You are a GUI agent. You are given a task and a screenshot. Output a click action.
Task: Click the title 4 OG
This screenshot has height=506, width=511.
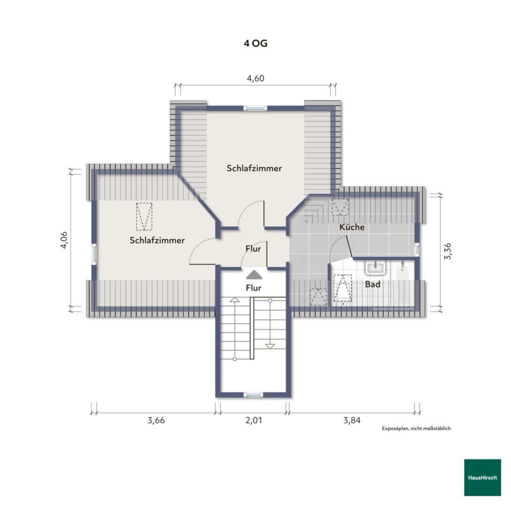point(256,44)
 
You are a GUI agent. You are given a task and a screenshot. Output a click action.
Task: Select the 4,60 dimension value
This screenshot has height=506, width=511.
point(256,78)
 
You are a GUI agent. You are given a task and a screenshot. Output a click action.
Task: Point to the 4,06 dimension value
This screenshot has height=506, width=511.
point(64,240)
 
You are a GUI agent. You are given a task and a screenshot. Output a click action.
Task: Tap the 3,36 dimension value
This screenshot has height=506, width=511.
point(448,251)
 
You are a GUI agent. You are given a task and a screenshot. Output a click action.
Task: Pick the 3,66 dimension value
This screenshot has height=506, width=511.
point(156,420)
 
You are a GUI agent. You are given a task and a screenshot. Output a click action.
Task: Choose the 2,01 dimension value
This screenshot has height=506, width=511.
point(253,420)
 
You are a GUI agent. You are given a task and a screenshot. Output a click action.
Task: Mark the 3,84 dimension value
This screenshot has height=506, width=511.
point(352,420)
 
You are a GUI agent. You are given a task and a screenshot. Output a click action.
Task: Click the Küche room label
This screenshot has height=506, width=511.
point(352,227)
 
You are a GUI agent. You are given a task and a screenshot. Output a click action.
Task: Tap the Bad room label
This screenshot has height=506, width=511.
point(372,284)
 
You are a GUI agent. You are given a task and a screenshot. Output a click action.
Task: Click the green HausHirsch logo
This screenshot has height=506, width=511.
point(482,477)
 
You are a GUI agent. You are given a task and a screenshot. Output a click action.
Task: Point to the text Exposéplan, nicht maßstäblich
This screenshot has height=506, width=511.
point(416,428)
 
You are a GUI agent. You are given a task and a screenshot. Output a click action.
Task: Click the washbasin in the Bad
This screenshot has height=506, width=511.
point(376,268)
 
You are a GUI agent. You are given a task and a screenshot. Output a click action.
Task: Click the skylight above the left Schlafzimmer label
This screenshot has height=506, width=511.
point(144,217)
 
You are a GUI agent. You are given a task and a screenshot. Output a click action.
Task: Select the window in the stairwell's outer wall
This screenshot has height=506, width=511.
point(253,395)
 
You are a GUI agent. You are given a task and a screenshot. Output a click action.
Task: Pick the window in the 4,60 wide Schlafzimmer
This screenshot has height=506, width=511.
point(255,108)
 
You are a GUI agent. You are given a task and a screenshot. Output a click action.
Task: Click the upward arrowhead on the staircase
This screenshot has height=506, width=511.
point(234,300)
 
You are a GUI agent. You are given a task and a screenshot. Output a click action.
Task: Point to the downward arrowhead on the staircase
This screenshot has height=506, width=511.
point(270,346)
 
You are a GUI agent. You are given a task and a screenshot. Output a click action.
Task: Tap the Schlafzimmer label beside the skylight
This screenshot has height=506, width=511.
point(157,240)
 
